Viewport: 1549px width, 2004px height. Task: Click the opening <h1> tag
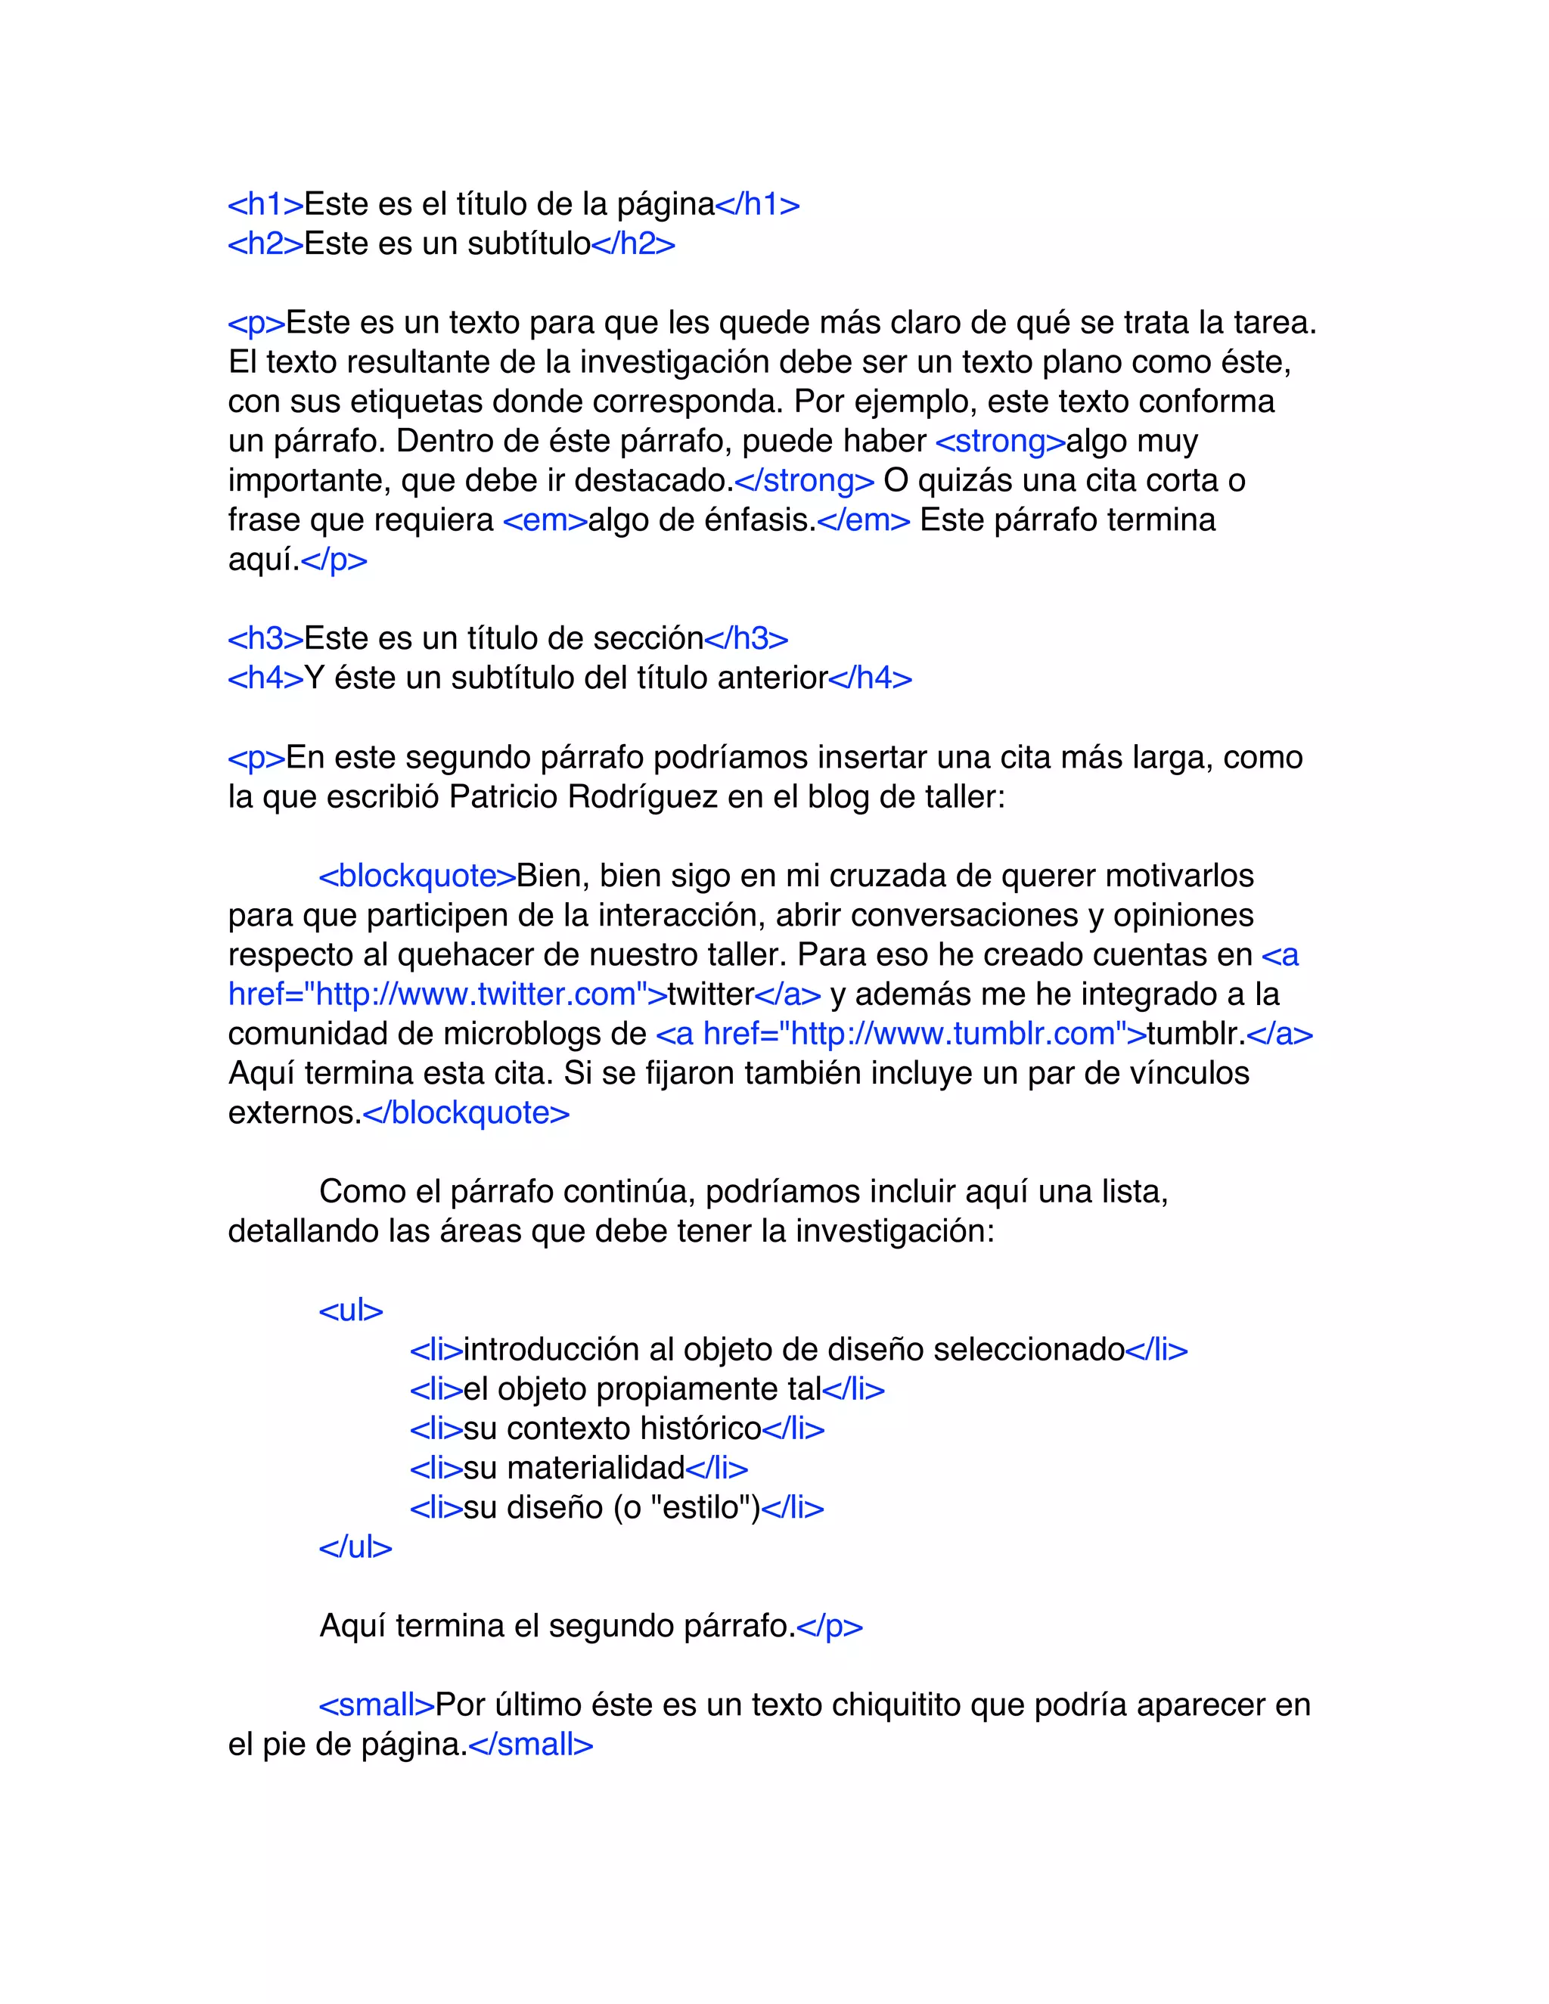tap(265, 205)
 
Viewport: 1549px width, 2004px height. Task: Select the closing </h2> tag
tap(633, 244)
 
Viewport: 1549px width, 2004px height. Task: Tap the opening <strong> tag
tap(1000, 442)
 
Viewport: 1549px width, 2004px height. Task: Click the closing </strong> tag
tap(804, 481)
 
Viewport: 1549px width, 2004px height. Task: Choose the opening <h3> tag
tap(265, 639)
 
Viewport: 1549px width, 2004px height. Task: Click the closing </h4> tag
tap(870, 678)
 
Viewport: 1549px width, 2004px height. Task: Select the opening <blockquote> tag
tap(417, 876)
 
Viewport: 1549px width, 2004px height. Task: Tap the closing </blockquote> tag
tap(466, 1113)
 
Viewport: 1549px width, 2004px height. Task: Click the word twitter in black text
tap(710, 994)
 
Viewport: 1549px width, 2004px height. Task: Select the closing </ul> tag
tap(355, 1547)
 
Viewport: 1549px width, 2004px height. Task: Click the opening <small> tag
tap(376, 1705)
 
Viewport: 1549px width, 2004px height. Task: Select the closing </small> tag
tap(530, 1745)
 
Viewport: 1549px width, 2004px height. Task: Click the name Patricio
tap(504, 796)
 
